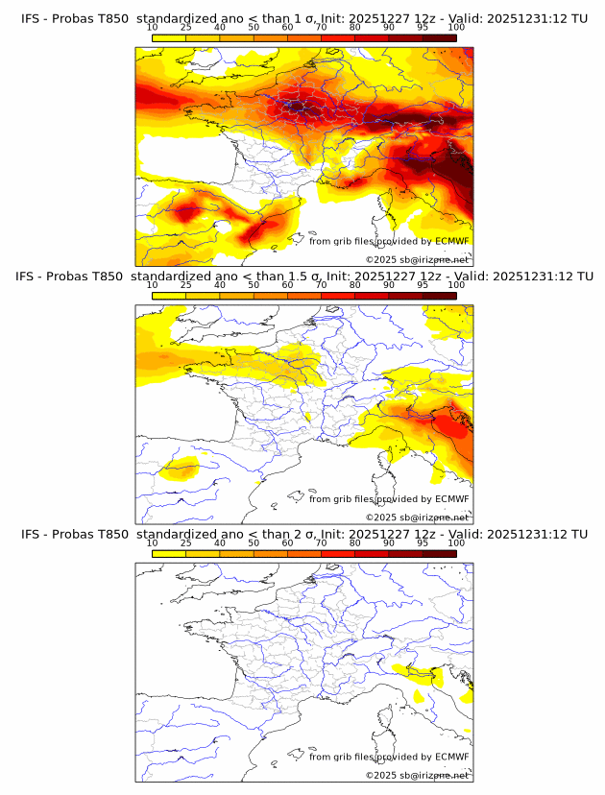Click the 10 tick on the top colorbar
tap(153, 27)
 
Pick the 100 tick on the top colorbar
tap(456, 27)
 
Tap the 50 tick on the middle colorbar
tap(254, 284)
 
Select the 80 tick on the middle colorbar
tap(355, 284)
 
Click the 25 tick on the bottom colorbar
tap(186, 542)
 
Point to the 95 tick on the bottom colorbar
tap(423, 542)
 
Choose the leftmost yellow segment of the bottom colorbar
tap(169, 553)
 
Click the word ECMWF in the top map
tap(451, 241)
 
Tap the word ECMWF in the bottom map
tap(451, 757)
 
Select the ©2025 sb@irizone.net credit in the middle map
tap(417, 517)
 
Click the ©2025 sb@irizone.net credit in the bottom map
tap(417, 775)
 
